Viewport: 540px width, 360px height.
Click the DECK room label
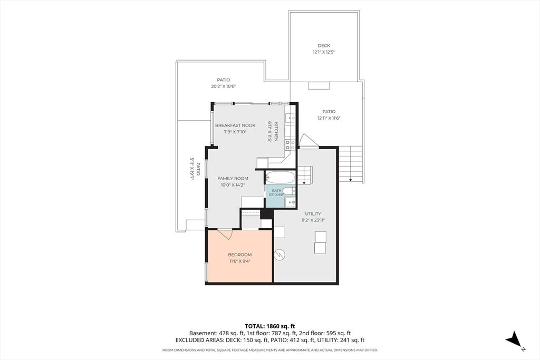324,45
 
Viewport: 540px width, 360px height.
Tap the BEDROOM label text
240,255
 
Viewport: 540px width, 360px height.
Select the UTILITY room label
313,213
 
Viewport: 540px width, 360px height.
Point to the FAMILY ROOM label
233,178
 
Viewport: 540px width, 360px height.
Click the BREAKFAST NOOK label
235,125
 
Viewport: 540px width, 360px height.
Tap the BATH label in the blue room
276,191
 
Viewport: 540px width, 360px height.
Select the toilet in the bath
290,191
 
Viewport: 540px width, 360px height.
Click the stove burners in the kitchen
290,144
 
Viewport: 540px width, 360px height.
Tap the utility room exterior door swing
309,141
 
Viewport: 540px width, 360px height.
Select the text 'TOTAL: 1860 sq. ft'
270,326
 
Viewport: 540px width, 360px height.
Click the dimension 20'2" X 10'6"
224,86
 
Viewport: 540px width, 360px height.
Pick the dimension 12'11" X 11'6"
329,118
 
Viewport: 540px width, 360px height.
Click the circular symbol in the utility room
279,255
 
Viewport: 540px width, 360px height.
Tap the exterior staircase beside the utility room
351,164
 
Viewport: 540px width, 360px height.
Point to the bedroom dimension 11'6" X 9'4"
240,261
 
